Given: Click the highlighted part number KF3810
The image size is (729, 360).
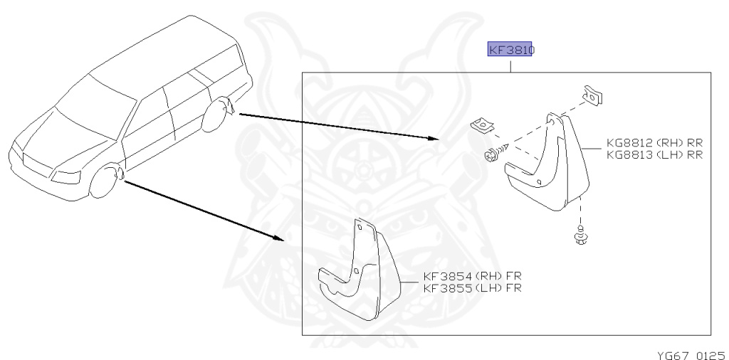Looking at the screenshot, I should coord(510,50).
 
